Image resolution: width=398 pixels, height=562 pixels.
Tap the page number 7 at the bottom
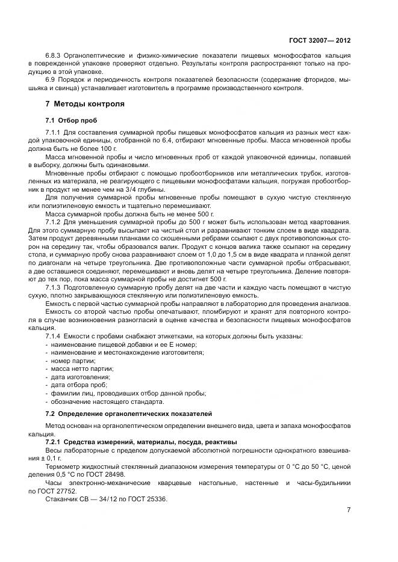click(349, 510)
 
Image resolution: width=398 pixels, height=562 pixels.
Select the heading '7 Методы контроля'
click(81, 104)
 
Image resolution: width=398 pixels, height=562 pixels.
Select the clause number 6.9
click(51, 79)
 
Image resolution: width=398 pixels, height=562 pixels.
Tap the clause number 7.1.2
click(55, 222)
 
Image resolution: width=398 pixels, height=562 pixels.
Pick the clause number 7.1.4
click(55, 335)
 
